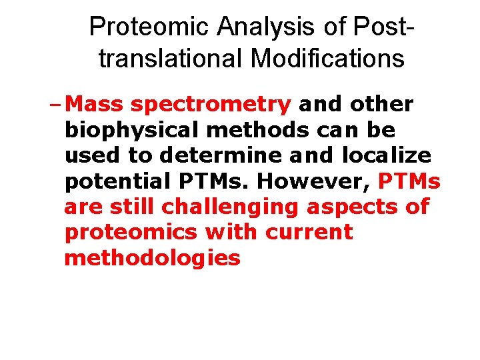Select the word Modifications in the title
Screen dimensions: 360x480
327,59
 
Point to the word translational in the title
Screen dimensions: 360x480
171,59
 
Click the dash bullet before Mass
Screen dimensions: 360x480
59,105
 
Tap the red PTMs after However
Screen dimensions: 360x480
409,181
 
